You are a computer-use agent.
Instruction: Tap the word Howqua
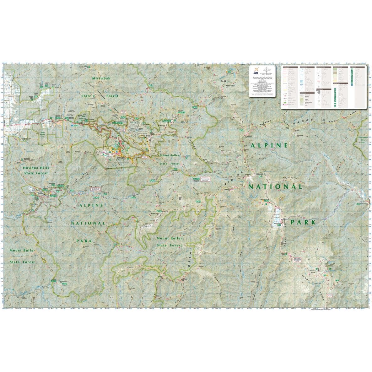31,168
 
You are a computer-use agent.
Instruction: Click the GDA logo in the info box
255,71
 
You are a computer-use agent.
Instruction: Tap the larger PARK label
303,222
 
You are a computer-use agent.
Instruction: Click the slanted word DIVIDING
230,181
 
